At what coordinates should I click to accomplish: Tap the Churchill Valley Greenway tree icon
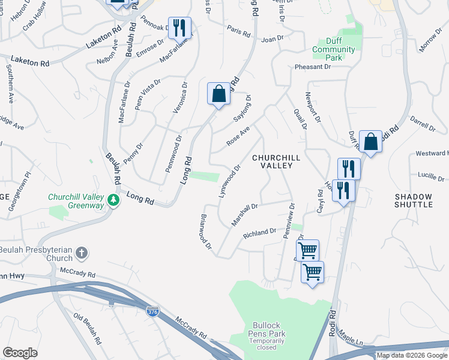pyautogui.click(x=112, y=200)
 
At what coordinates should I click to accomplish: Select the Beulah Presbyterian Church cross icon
pyautogui.click(x=82, y=253)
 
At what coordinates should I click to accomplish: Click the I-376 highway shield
pyautogui.click(x=152, y=312)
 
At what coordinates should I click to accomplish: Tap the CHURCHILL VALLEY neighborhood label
pyautogui.click(x=276, y=162)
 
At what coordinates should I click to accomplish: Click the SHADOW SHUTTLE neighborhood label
pyautogui.click(x=414, y=200)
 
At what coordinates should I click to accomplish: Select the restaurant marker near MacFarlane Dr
pyautogui.click(x=179, y=28)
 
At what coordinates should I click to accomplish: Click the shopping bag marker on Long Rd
pyautogui.click(x=218, y=94)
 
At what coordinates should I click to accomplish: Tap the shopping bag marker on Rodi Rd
pyautogui.click(x=371, y=143)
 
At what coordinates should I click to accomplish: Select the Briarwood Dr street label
pyautogui.click(x=205, y=231)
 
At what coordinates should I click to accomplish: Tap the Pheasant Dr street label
pyautogui.click(x=313, y=68)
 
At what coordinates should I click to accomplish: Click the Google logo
pyautogui.click(x=20, y=352)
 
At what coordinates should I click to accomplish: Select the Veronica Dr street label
pyautogui.click(x=183, y=101)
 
